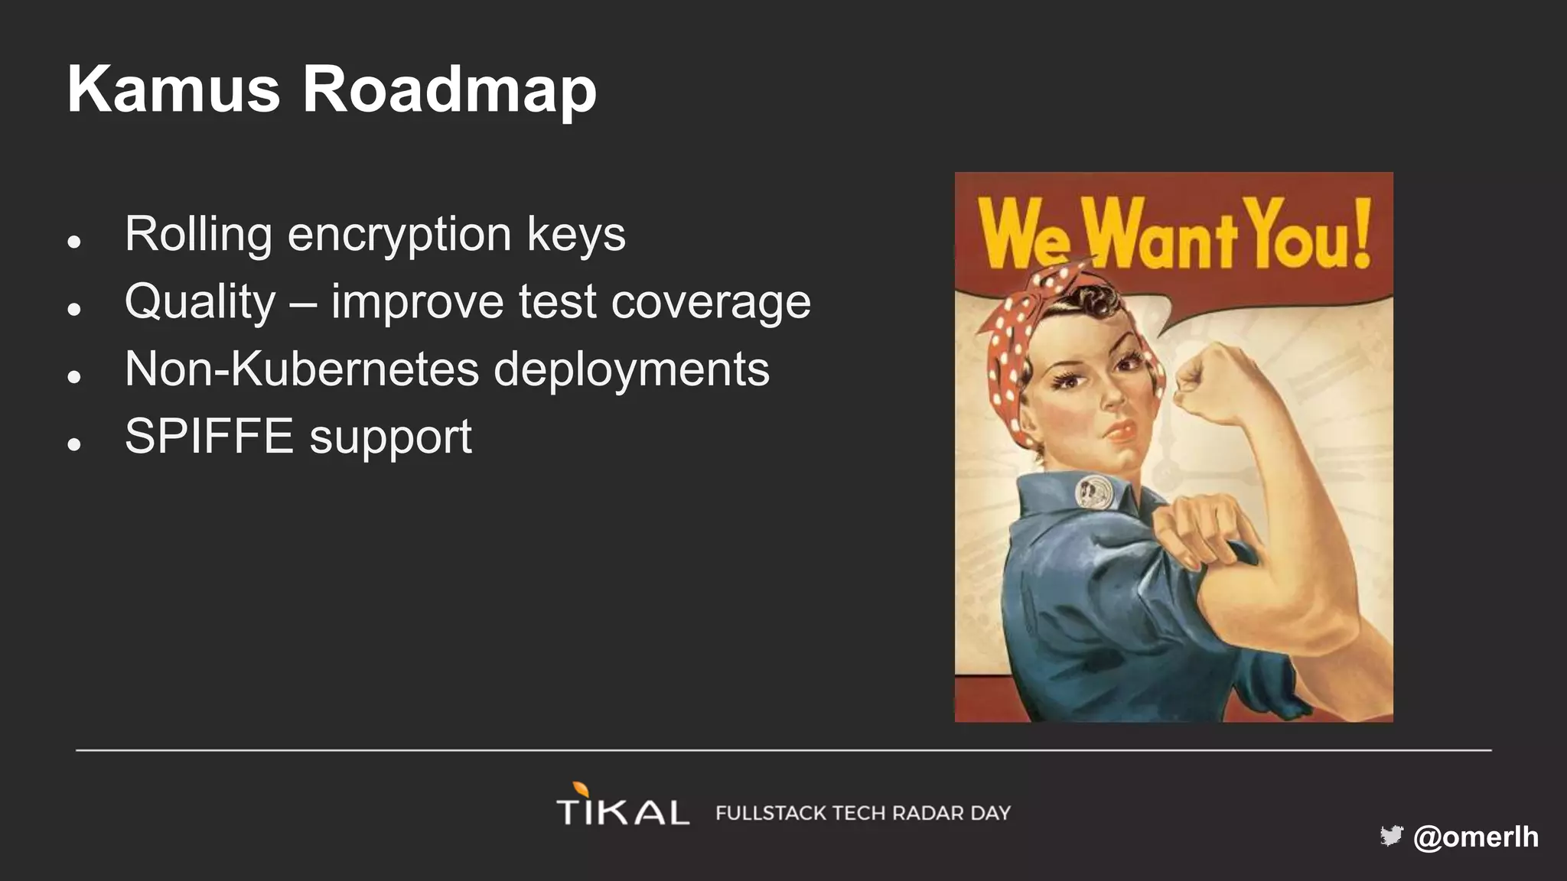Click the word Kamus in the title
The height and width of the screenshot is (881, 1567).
174,89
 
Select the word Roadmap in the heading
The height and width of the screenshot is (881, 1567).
449,91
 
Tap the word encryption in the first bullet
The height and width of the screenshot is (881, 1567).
399,234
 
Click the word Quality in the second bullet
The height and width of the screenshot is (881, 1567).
200,302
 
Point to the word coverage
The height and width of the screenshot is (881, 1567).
711,302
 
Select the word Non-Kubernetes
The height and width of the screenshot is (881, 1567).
301,369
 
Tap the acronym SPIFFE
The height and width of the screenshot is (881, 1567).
209,437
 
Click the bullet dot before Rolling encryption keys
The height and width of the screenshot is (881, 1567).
74,242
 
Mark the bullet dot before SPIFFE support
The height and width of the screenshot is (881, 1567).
74,444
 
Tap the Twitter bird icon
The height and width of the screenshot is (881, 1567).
1391,836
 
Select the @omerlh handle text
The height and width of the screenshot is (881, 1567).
1475,837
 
